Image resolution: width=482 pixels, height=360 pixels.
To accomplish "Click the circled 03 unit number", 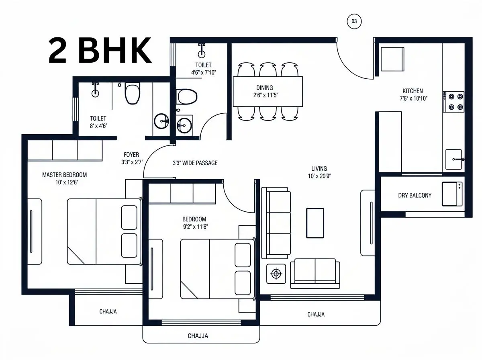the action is point(354,21).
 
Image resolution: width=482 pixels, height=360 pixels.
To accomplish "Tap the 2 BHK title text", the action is point(100,51).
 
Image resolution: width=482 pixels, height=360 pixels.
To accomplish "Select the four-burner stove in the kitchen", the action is point(453,102).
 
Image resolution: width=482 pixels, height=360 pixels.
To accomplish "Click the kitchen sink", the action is point(453,160).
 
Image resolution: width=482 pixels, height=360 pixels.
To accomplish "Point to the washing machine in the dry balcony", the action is point(452,194).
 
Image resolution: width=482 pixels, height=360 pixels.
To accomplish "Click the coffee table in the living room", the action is point(315,223).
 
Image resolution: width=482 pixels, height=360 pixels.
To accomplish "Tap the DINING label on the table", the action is point(265,88).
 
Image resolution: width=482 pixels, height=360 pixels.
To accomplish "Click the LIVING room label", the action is point(319,168).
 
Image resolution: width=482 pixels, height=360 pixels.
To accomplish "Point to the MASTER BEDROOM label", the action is point(65,175).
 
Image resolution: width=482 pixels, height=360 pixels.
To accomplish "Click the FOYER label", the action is point(131,155).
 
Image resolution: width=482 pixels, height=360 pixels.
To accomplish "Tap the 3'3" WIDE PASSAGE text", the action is point(195,163).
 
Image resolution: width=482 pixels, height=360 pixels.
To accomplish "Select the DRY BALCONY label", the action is point(415,195).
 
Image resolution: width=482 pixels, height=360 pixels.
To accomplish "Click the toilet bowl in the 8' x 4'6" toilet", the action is point(133,93).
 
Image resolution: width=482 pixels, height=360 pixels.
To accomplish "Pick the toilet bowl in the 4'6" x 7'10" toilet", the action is point(186,97).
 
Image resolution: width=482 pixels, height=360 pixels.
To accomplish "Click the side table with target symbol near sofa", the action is point(276,274).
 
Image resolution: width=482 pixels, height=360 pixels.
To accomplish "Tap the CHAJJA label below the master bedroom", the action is point(108,311).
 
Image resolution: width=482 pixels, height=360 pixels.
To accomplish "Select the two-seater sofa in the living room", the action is point(315,274).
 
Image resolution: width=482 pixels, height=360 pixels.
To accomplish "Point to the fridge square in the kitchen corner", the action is point(392,59).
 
